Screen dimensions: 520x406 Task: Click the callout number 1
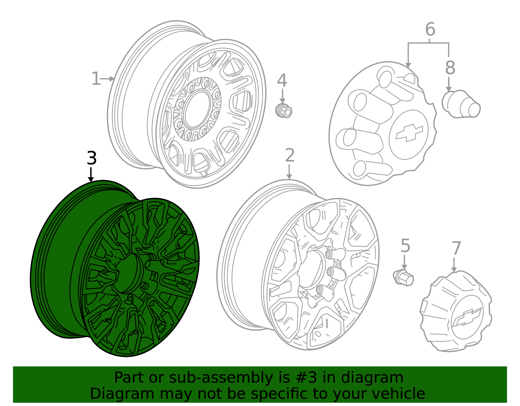[x=96, y=78]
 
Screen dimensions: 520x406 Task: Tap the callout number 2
[x=290, y=155]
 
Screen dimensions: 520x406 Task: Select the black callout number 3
[x=92, y=158]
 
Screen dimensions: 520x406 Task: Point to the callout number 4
[x=282, y=80]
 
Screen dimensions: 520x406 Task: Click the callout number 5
[x=405, y=245]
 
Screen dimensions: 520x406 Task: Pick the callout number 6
[x=430, y=30]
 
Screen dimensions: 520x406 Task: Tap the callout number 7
[x=456, y=248]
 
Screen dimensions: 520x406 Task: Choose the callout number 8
[x=450, y=68]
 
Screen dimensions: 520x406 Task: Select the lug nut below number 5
[x=403, y=278]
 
